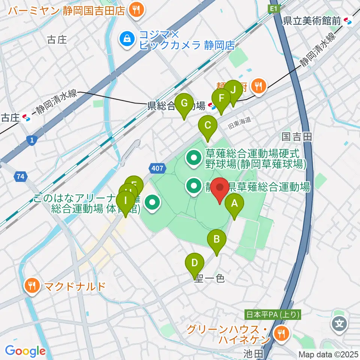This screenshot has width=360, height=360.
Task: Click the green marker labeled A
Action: click(234, 204)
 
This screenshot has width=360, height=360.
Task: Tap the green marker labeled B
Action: click(217, 239)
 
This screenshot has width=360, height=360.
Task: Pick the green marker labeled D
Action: click(194, 263)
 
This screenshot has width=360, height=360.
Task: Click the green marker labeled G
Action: click(184, 103)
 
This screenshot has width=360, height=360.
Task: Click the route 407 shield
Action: click(157, 168)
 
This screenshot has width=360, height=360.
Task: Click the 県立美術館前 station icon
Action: click(349, 21)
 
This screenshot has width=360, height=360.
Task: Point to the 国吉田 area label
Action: click(297, 137)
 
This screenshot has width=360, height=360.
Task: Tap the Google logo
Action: click(25, 351)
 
